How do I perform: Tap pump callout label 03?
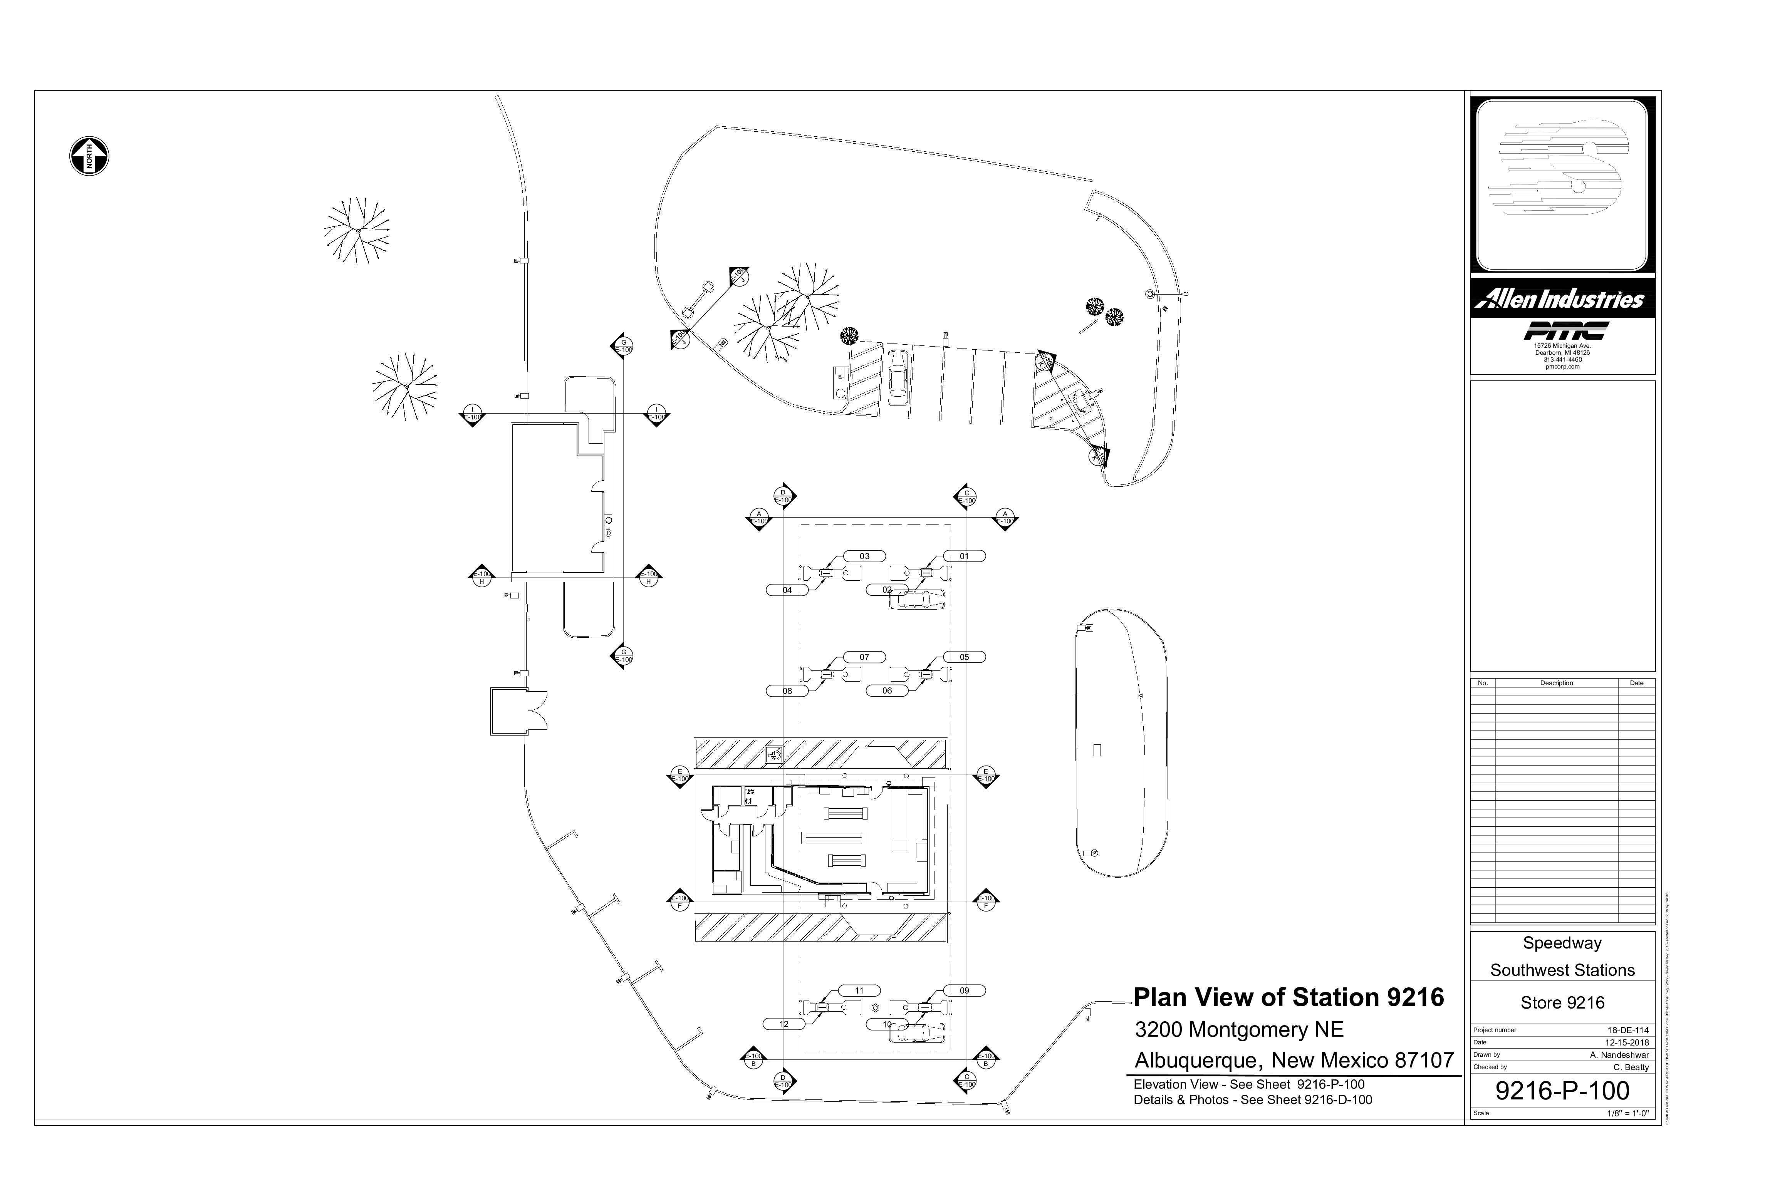coord(864,556)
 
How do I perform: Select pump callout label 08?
coord(787,691)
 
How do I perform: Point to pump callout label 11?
coord(859,990)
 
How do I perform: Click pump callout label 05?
coord(964,657)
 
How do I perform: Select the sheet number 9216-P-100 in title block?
coord(1562,1090)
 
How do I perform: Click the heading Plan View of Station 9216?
coord(1288,997)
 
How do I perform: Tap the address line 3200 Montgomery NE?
coord(1239,1030)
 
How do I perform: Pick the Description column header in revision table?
coord(1556,683)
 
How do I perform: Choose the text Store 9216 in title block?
coord(1562,1003)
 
